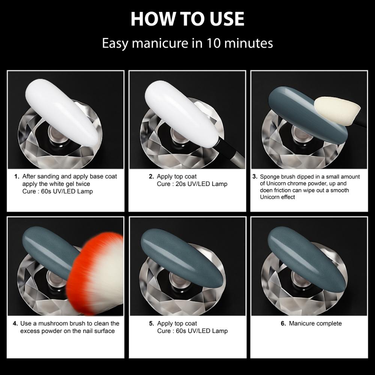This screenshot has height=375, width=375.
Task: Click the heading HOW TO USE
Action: [187, 18]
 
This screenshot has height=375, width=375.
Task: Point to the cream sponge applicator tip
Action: [336, 110]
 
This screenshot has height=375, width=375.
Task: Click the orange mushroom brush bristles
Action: [94, 262]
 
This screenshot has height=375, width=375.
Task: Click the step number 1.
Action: [16, 176]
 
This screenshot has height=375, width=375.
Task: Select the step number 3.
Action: [255, 177]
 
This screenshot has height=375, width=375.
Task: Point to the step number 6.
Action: [283, 323]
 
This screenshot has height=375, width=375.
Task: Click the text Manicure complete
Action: [315, 323]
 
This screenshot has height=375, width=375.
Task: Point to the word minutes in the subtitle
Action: [249, 43]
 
